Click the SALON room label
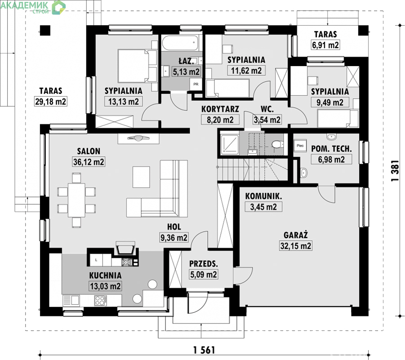coord(89,151)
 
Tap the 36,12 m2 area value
coord(89,162)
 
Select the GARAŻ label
coord(296,235)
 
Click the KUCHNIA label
coord(105,275)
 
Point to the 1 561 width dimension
coord(204,350)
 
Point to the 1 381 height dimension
coord(395,171)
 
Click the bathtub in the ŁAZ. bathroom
coord(181,43)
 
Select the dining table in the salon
coord(76,200)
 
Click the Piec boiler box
coord(300,146)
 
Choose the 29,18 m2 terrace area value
coord(51,101)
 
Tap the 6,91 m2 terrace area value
coord(325,45)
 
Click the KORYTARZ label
coord(220,109)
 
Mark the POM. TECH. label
coord(331,148)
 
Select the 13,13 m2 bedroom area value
coord(124,102)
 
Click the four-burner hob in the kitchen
coord(101,300)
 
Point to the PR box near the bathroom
coord(196,84)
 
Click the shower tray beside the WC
coord(229,144)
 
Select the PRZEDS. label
coord(204,264)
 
